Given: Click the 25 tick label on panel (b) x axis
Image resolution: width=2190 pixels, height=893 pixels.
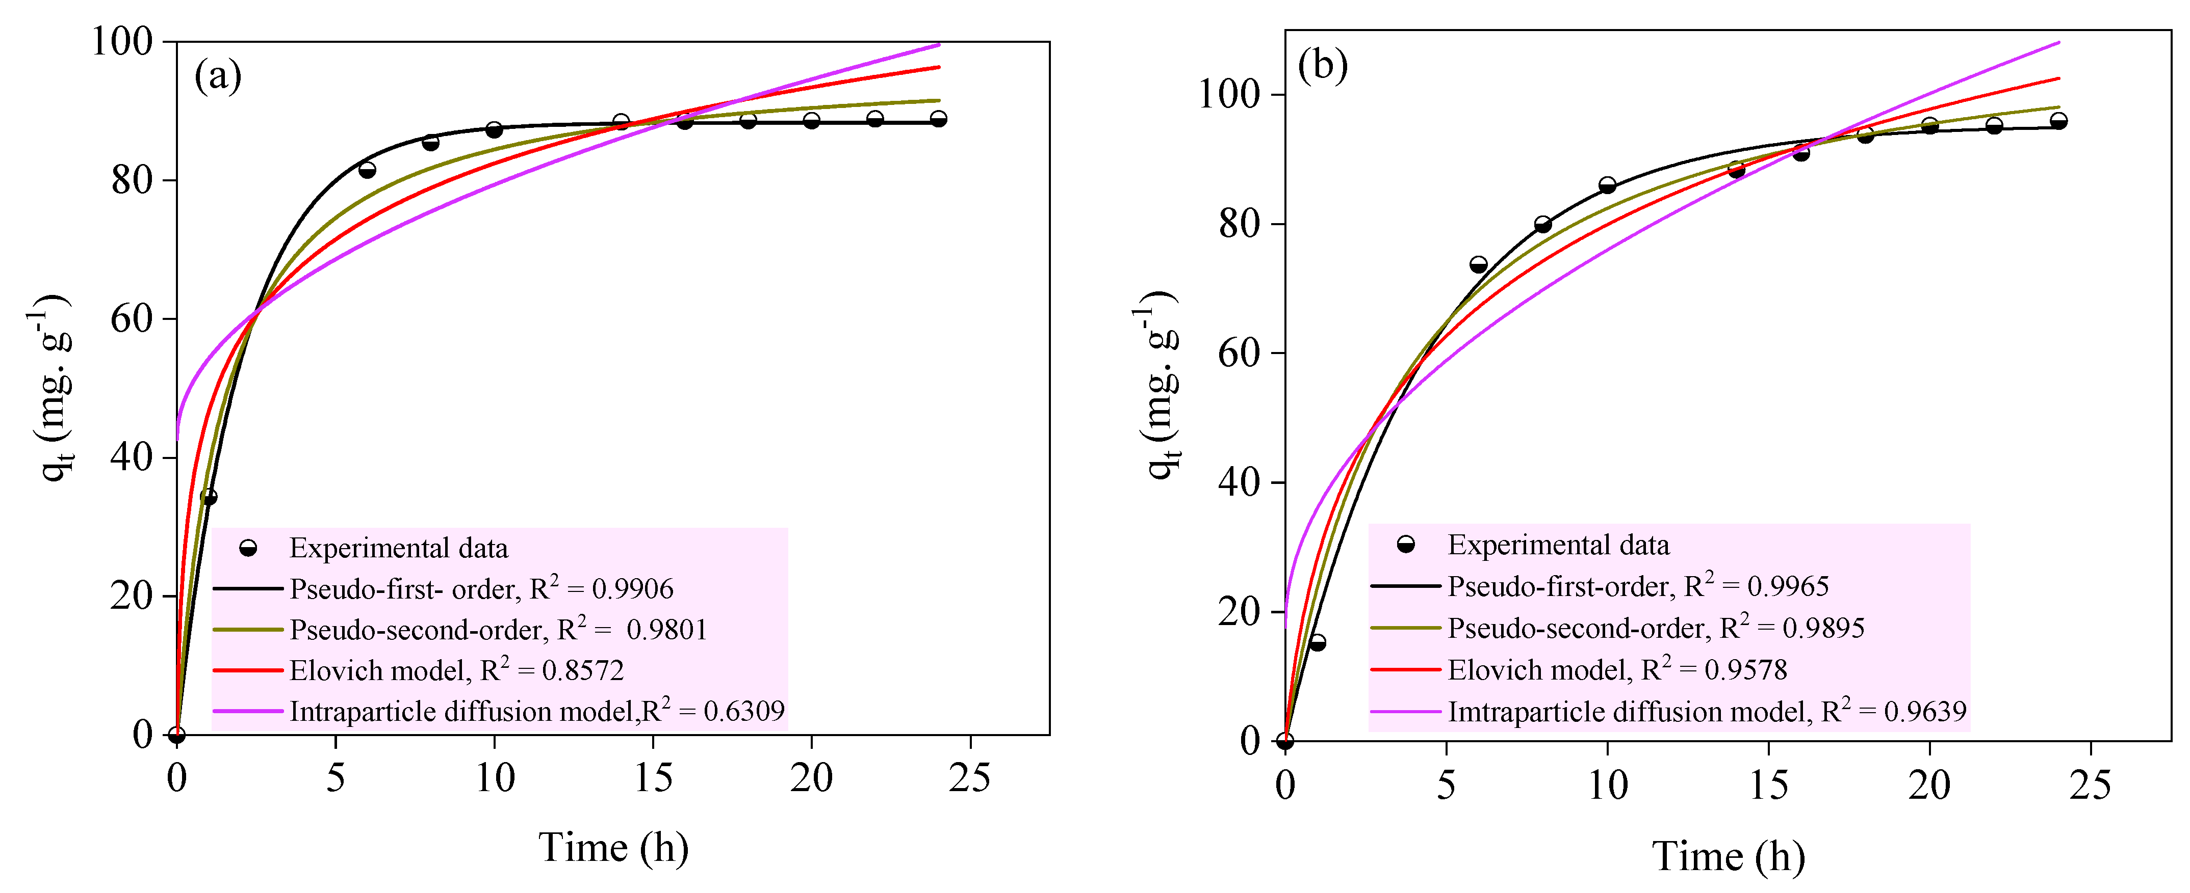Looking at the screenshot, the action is pyautogui.click(x=2090, y=784).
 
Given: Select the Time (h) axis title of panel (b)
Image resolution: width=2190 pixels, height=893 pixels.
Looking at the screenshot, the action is pyautogui.click(x=1729, y=856).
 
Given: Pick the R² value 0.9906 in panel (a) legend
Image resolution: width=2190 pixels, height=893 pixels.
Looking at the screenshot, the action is pyautogui.click(x=632, y=589).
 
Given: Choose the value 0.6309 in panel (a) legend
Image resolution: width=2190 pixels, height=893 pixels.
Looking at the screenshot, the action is pyautogui.click(x=744, y=711).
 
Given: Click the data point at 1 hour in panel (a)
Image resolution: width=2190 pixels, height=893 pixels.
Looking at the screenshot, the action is pyautogui.click(x=208, y=497).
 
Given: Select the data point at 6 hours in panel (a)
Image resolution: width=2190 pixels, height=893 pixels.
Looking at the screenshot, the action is pyautogui.click(x=367, y=170).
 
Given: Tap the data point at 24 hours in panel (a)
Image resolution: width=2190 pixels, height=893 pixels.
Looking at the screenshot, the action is pyautogui.click(x=939, y=119).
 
